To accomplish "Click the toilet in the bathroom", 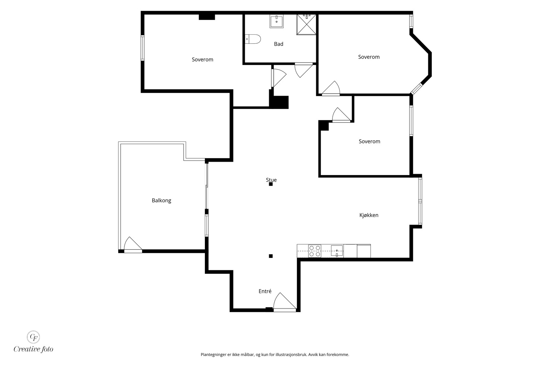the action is [x=253, y=39].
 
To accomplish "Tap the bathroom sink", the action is [x=276, y=21].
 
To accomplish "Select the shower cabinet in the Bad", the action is [x=306, y=24].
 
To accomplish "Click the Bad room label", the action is [x=278, y=44].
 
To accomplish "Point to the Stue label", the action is [x=271, y=180].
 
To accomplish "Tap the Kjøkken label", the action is [x=369, y=215].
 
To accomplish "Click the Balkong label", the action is [x=161, y=201].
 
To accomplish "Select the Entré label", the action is [x=265, y=291].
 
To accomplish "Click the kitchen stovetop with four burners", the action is [x=315, y=251].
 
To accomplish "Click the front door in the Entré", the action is [x=285, y=302].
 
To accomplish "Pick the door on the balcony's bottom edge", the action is [x=133, y=245].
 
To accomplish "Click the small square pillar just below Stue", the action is [x=271, y=184].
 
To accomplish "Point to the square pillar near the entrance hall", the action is [x=271, y=256].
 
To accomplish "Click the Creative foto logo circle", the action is [x=33, y=337].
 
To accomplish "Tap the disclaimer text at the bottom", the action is [x=275, y=355].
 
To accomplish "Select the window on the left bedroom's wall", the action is [x=142, y=48].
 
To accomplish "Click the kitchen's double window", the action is [x=420, y=201].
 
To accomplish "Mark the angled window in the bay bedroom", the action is [x=417, y=89].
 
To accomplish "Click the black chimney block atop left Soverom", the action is [x=207, y=17].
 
